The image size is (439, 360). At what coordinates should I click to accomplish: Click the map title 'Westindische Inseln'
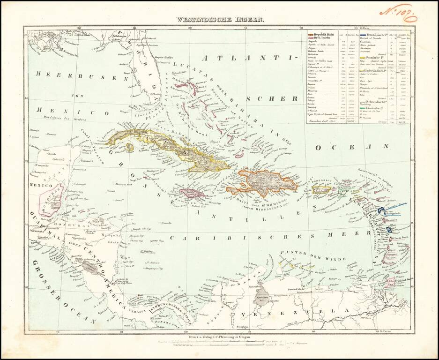coord(220,20)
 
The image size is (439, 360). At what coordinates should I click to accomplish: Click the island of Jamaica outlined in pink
coord(190,193)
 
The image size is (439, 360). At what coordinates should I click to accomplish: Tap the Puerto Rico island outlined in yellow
coord(322,189)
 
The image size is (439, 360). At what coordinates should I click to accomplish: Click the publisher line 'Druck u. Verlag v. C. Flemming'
coord(219,337)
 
